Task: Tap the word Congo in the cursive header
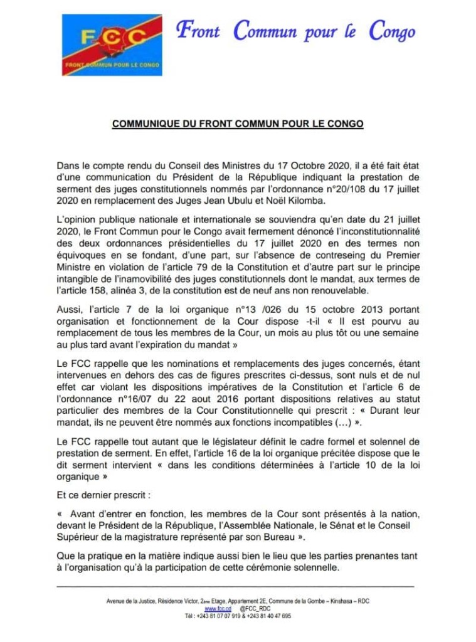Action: point(392,31)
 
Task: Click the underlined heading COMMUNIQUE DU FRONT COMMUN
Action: point(238,124)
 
